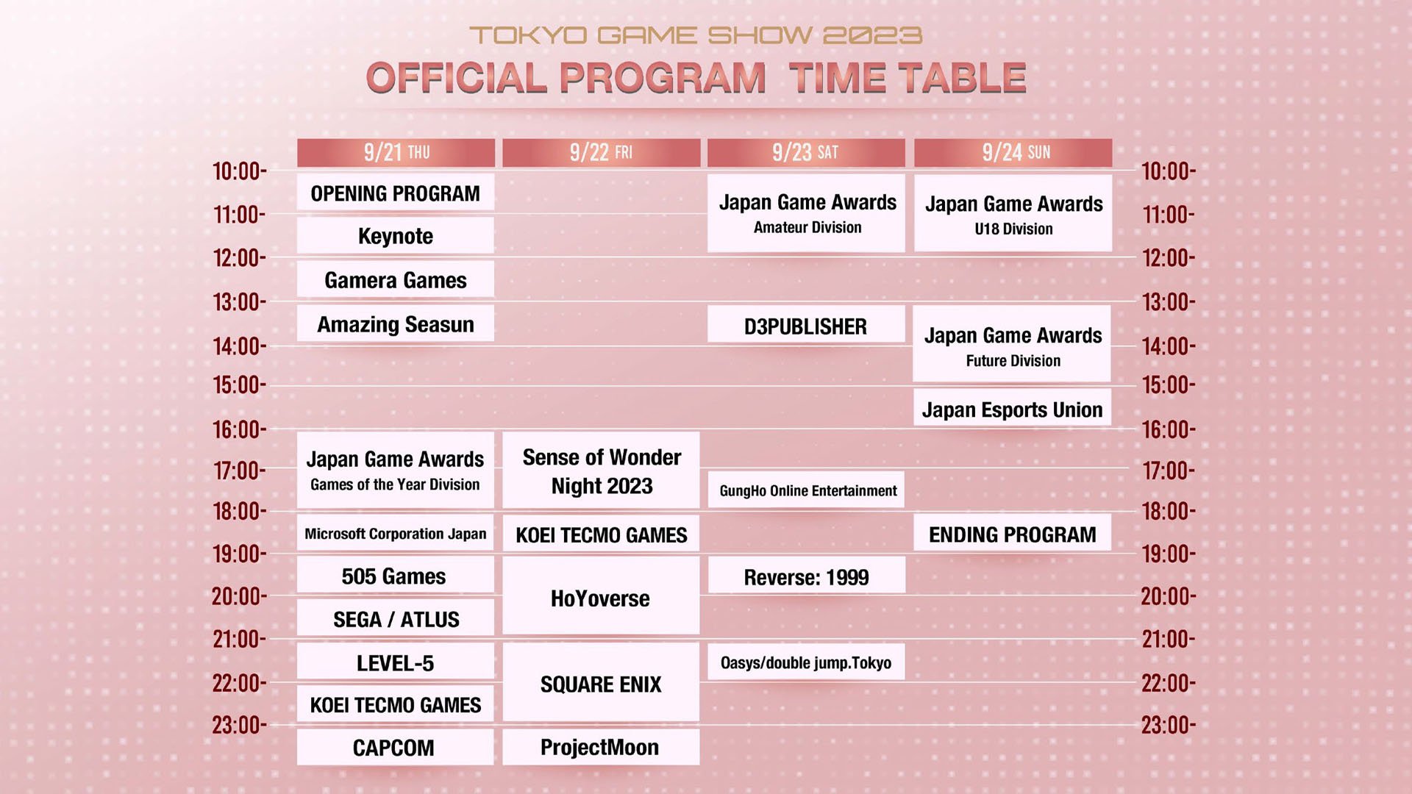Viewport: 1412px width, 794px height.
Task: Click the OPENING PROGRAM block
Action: tap(396, 193)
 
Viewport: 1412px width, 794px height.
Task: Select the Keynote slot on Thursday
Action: tap(396, 235)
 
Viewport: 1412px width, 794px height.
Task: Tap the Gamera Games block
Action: tap(396, 279)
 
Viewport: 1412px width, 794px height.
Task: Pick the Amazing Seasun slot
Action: tap(396, 323)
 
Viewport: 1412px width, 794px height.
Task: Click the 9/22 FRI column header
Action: tap(601, 152)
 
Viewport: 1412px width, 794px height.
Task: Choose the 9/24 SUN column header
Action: tap(1013, 152)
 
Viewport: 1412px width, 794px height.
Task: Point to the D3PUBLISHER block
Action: tap(806, 325)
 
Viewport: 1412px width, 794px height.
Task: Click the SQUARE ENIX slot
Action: tap(601, 683)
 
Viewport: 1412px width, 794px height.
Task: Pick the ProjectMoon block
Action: tap(601, 747)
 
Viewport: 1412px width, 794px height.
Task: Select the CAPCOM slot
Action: tap(396, 747)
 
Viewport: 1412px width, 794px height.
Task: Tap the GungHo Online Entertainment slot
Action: tap(807, 490)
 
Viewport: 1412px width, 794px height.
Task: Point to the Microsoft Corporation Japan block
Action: tap(396, 533)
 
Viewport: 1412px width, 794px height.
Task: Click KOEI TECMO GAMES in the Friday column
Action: tap(601, 534)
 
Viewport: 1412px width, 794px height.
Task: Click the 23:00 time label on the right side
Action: tap(1169, 726)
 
